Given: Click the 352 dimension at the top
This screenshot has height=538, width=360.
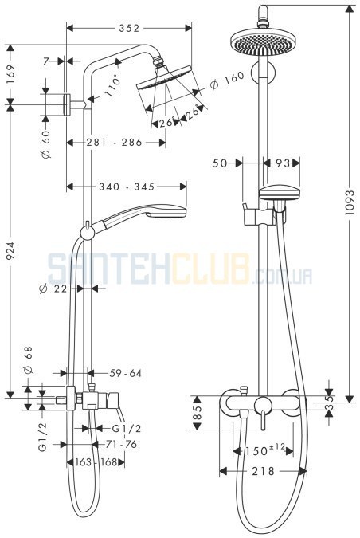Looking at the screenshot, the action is [129, 28].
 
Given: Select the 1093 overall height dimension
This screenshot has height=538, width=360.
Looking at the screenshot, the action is [350, 202].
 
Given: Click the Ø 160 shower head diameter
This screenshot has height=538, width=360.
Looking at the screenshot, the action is [227, 81].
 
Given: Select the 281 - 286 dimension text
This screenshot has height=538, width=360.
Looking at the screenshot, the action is [114, 142].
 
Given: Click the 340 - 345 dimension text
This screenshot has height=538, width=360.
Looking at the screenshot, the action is [127, 187].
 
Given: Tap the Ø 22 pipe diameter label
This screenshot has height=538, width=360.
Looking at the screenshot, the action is [53, 289].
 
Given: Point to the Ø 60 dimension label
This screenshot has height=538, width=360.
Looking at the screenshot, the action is [46, 144].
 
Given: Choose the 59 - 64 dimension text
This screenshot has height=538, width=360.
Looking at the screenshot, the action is [126, 373].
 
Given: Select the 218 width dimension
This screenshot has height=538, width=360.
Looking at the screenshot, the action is [263, 471].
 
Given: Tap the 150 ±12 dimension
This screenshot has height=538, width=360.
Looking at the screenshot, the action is [264, 450].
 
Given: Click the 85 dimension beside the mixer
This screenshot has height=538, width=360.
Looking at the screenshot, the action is [198, 412].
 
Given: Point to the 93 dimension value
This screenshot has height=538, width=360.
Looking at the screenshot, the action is [284, 163].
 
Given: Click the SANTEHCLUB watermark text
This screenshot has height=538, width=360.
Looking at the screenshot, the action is [180, 269].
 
